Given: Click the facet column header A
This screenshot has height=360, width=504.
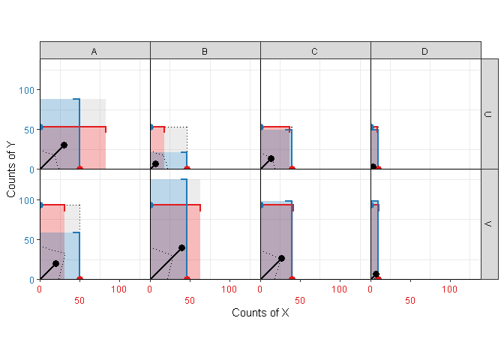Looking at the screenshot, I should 94,51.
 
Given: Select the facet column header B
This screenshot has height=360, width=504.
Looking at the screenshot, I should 205,51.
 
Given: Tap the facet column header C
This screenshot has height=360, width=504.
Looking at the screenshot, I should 315,51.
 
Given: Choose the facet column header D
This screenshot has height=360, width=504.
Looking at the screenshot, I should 425,51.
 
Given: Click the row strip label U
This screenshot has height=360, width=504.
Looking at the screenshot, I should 488,114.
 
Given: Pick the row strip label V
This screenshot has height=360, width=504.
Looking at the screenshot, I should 488,224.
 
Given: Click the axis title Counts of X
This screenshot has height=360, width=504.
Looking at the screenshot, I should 260,313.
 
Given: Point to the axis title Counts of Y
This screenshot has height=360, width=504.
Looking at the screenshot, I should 11,169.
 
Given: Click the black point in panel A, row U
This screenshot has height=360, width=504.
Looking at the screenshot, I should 64,145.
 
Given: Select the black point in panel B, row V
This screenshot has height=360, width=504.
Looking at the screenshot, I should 181,247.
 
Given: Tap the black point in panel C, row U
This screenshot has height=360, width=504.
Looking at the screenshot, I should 271,158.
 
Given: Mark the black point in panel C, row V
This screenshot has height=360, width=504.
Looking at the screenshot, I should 281,258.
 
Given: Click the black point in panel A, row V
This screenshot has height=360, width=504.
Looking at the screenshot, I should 55,263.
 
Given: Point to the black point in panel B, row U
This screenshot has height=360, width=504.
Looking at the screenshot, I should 155,163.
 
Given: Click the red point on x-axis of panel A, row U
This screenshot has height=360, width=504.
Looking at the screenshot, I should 79,169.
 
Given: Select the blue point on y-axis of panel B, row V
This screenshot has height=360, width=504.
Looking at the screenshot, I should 151,205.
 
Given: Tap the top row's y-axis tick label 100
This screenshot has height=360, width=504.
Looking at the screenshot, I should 28,90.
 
